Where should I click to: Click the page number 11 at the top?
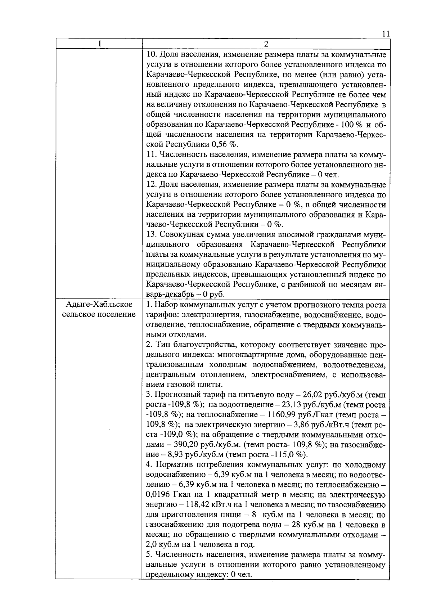[x=386, y=34]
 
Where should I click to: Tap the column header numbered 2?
[x=266, y=44]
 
